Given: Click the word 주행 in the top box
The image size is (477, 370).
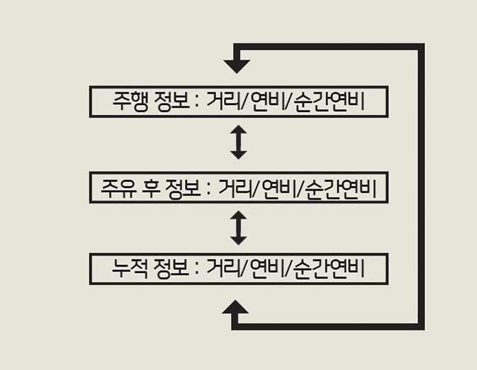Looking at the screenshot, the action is pos(130,101).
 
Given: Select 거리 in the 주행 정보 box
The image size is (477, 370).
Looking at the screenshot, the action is pos(223,101).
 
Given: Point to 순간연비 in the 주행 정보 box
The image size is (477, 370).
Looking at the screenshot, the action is pos(329,101).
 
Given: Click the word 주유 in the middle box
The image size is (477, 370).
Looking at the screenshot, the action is pos(118,188).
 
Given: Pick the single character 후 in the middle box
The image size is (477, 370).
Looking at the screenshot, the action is pos(151,188).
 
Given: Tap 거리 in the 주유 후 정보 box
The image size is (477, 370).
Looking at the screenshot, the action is pos(236,188).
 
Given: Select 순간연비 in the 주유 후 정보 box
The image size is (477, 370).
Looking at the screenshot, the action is pos(341,188).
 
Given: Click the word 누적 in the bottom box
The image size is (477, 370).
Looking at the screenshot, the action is pos(130,269).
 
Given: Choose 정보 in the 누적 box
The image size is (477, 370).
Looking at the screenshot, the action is pos(172,269).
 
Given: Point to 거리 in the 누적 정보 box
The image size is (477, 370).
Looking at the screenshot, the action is pos(223,269).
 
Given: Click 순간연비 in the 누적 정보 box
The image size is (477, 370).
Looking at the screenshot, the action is pos(329,269).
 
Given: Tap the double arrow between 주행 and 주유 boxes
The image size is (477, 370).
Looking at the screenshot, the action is pos(238,142).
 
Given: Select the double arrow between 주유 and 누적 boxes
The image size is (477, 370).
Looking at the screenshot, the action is pos(238,228).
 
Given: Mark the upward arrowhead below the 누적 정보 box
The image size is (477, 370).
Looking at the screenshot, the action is pos(235,307).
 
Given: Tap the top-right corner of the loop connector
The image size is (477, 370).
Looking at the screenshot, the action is pos(421,47).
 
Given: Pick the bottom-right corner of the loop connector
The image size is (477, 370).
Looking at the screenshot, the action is pos(421,327).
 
